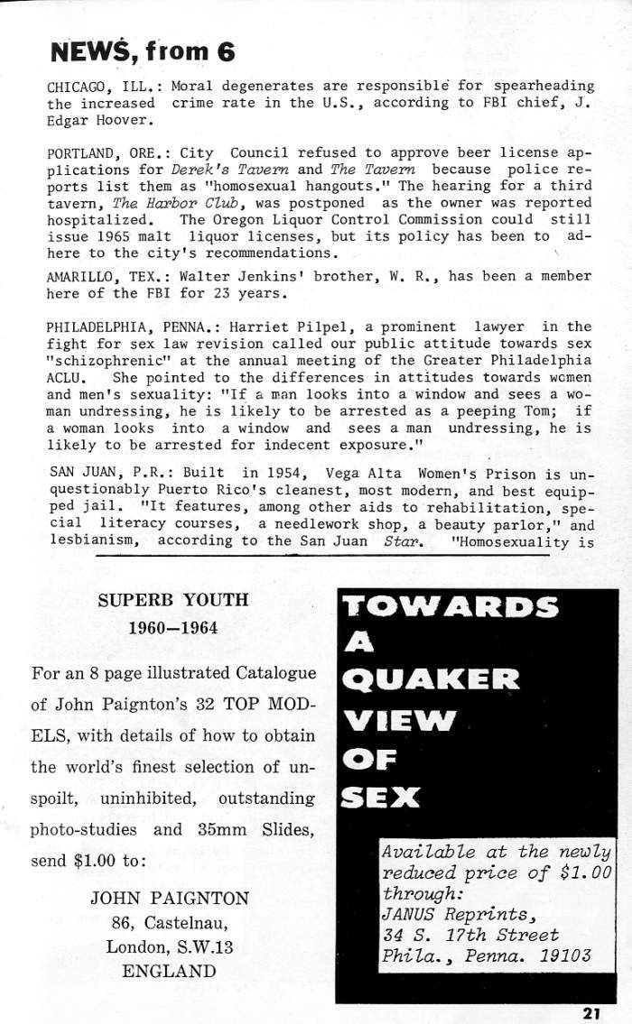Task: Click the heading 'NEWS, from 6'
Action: tap(142, 51)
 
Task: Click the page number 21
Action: tap(591, 1012)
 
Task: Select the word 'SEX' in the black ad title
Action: tap(380, 797)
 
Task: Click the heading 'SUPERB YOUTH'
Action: tap(172, 600)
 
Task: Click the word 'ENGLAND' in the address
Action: tap(169, 972)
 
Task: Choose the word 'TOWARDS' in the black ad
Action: tap(451, 606)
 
